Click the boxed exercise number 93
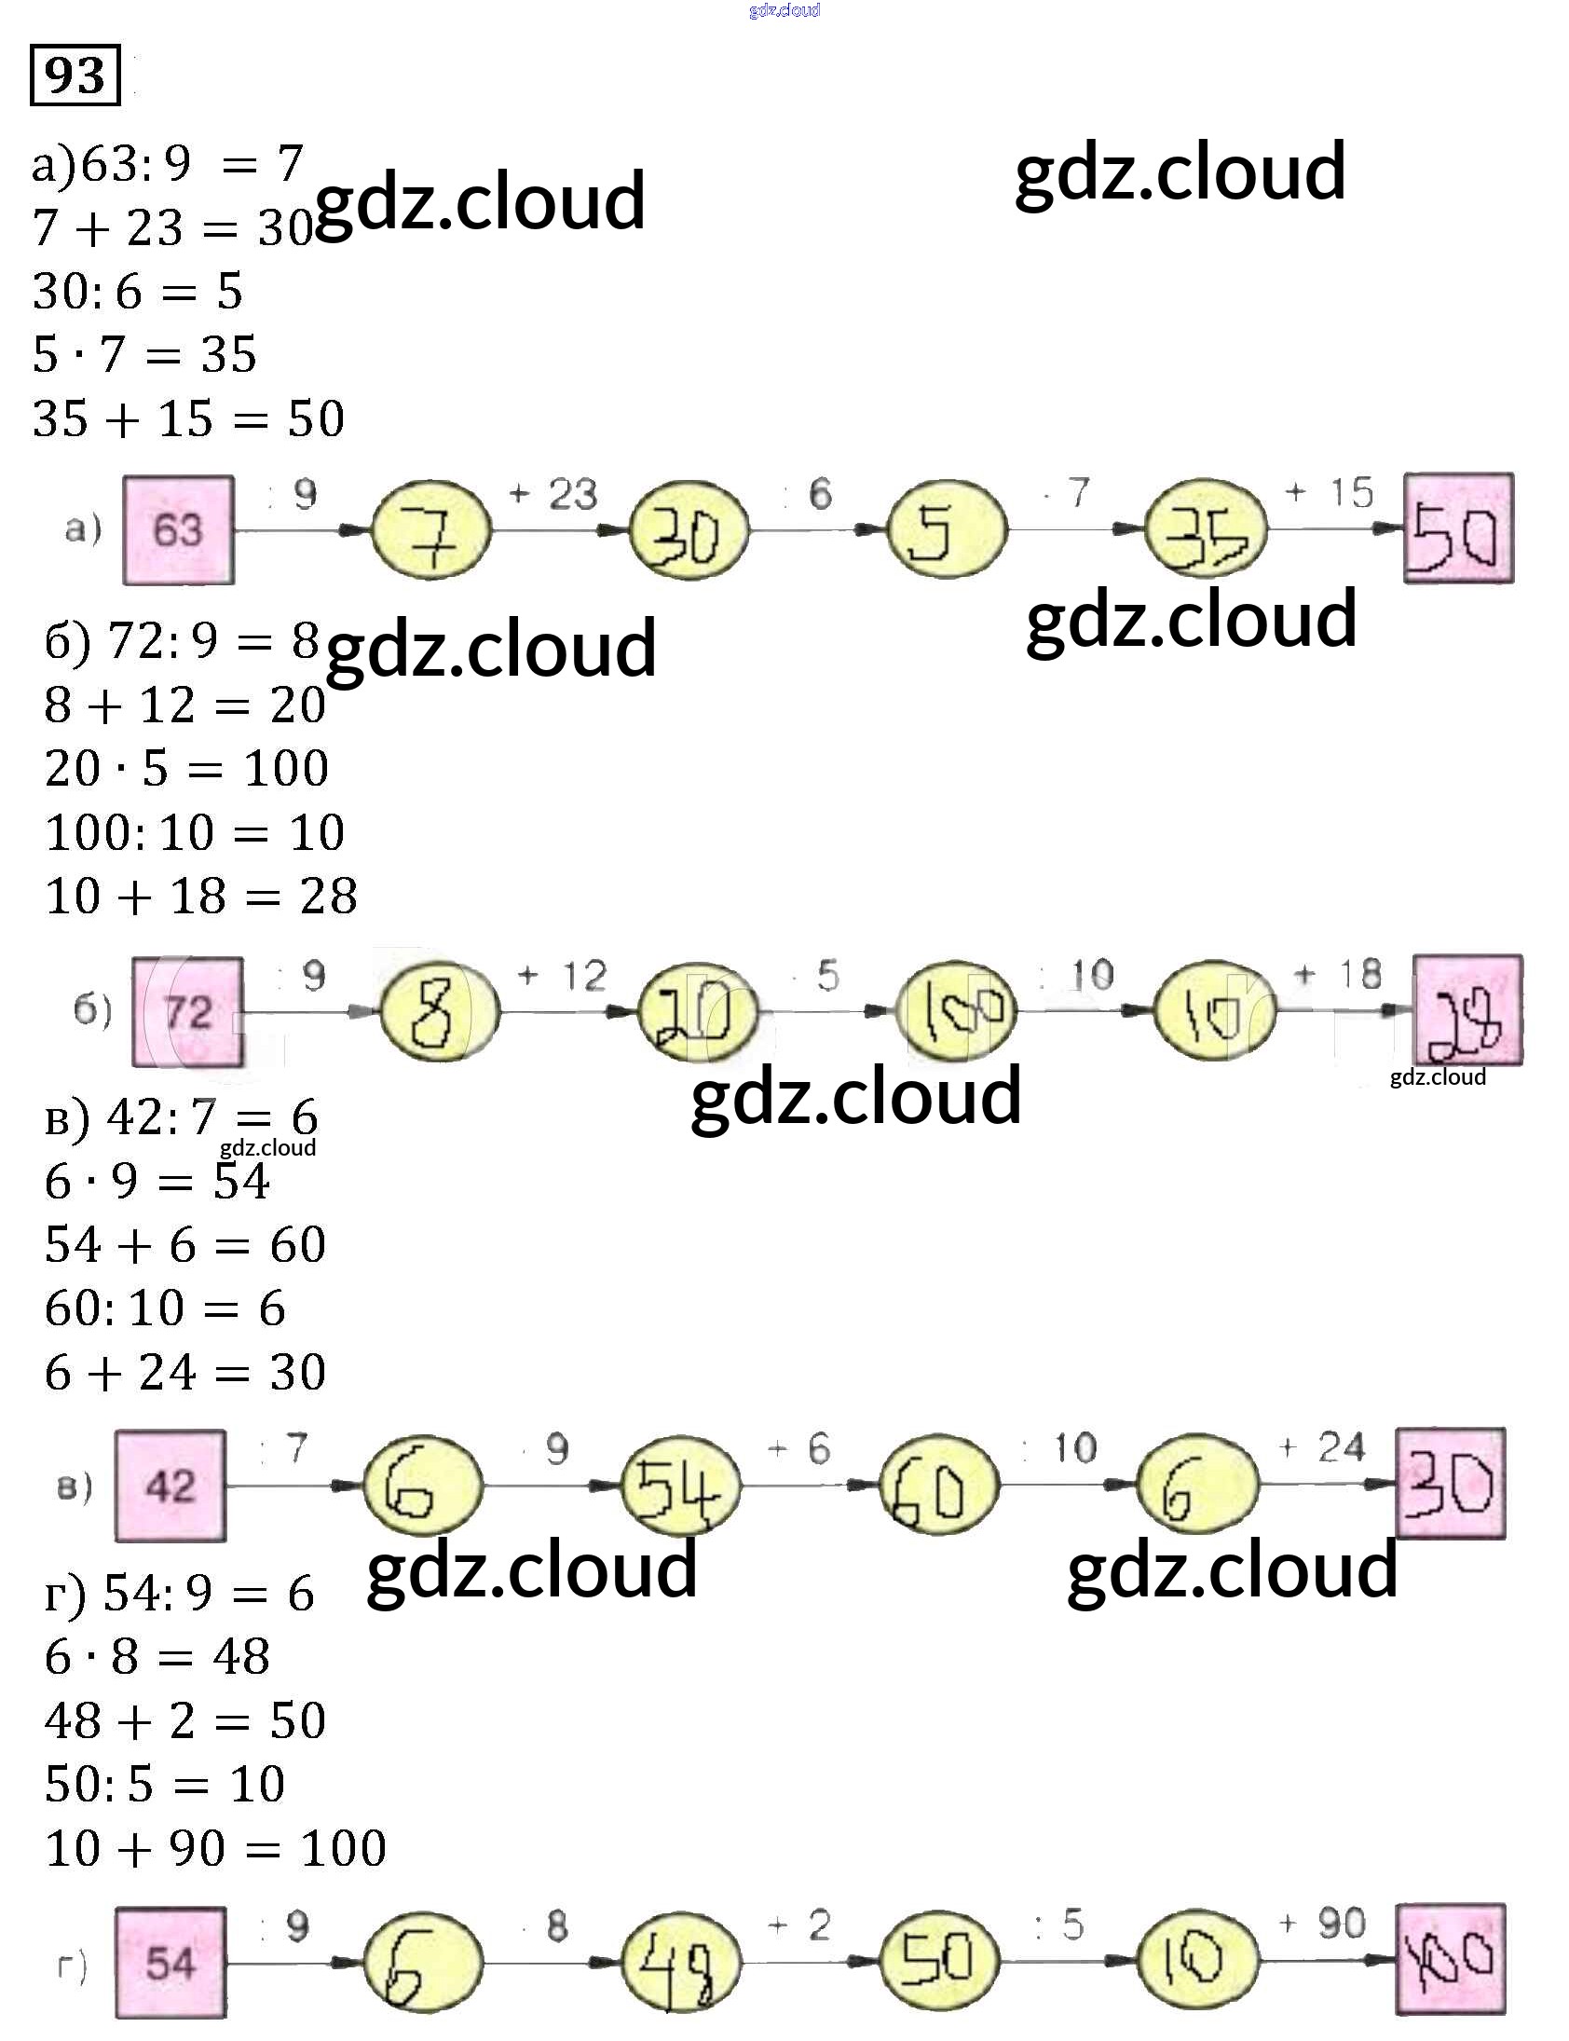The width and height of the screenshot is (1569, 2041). point(75,75)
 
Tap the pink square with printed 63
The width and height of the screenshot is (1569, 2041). point(178,529)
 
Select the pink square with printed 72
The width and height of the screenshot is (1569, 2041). point(187,1011)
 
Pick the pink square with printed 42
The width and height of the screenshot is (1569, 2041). point(170,1486)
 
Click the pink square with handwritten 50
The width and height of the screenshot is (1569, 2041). point(1458,528)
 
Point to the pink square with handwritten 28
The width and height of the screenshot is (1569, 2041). point(1467,1009)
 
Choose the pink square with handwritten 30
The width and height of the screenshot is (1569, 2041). point(1451,1484)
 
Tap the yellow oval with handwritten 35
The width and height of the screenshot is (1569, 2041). point(1206,530)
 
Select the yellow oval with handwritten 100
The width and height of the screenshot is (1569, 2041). point(955,1011)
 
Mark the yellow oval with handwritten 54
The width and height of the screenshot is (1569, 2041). point(680,1486)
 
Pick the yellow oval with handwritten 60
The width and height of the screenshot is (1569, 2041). point(938,1486)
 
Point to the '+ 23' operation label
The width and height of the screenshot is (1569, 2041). point(553,494)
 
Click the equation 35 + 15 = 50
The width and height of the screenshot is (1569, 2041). point(188,418)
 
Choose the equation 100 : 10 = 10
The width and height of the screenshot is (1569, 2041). point(195,832)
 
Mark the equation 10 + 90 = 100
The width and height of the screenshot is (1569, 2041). point(216,1848)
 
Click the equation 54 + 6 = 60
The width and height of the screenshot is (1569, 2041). point(184,1245)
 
